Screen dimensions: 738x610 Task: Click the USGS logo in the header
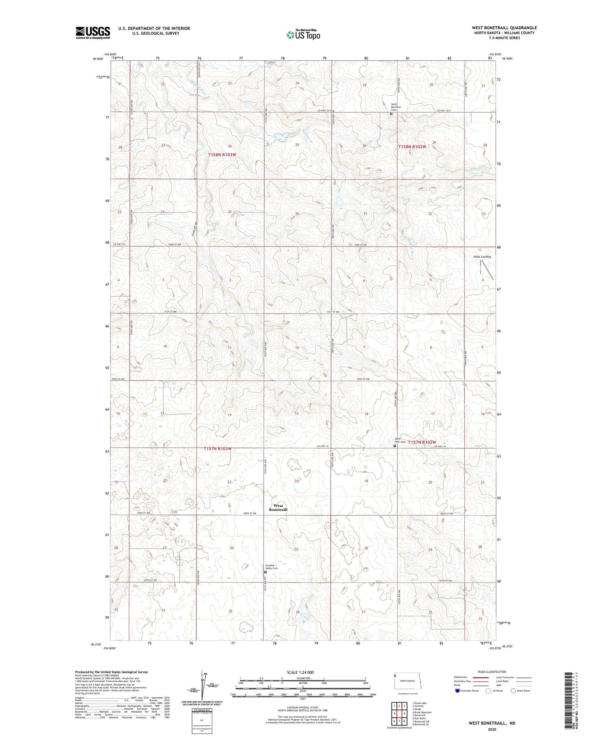click(x=93, y=33)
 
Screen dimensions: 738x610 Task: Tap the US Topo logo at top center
click(x=303, y=35)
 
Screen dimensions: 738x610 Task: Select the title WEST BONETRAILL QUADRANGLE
click(x=504, y=28)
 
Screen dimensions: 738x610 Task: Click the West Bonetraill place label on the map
click(x=278, y=508)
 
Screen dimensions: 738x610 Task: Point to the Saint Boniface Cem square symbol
click(x=391, y=114)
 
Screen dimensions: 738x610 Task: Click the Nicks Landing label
click(x=482, y=257)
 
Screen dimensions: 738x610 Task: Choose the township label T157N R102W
click(x=422, y=442)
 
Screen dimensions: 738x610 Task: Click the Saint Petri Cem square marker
click(x=394, y=446)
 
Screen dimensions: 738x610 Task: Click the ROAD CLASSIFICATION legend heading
click(x=492, y=672)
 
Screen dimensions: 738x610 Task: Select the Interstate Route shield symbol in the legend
click(x=458, y=691)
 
